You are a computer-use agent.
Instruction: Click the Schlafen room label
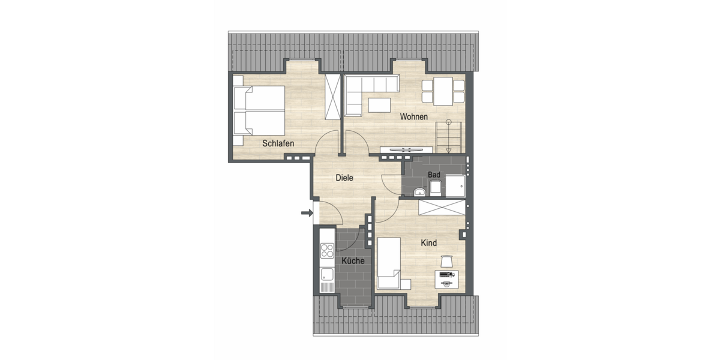278,143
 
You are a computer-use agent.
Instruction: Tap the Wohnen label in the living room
415,117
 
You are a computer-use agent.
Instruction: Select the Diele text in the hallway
344,178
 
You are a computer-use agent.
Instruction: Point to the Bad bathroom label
434,175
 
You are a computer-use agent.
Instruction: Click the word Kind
428,243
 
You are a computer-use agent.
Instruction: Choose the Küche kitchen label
353,261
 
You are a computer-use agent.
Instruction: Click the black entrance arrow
307,212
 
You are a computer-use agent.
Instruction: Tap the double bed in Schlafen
259,110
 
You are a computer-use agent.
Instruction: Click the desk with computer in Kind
446,278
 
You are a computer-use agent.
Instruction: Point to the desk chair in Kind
446,261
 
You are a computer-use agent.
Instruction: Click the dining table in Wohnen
443,90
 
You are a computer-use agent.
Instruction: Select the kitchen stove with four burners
327,250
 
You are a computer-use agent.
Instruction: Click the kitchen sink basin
327,275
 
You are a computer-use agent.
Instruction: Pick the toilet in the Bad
436,187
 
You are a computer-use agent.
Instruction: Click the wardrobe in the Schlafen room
332,98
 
